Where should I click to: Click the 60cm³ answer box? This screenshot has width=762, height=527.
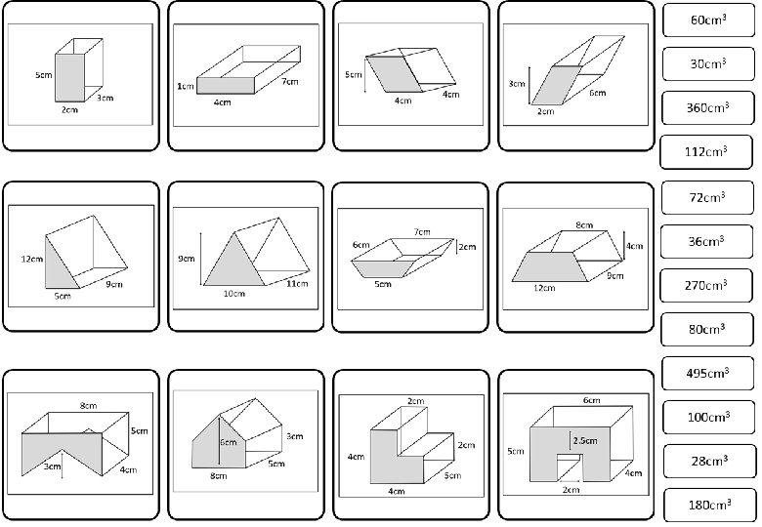point(708,20)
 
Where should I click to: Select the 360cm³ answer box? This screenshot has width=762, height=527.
point(708,107)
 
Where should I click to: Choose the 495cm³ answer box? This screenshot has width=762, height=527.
point(708,373)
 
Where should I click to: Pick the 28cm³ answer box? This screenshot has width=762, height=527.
point(708,461)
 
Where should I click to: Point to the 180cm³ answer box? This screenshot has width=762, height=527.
point(708,505)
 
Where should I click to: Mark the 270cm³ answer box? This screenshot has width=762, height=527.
point(708,285)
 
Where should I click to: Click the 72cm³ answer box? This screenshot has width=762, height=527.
point(708,197)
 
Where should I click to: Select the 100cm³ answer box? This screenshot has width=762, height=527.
point(708,417)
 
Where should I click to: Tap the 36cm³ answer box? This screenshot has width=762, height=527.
point(708,241)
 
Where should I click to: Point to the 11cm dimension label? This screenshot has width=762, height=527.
point(298,284)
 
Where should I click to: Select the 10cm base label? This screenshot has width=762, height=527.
point(233,294)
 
